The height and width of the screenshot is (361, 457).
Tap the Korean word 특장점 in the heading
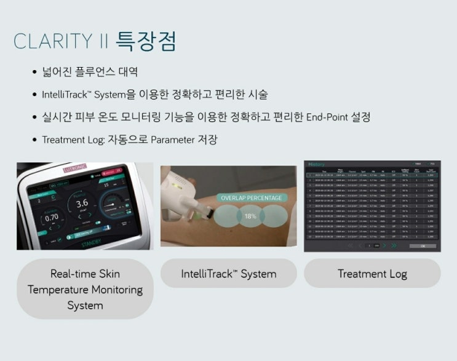coord(145,41)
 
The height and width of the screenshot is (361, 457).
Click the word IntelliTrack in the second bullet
coord(64,95)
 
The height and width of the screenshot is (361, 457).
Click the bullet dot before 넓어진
coord(36,73)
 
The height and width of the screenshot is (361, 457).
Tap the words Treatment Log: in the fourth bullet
coord(72,140)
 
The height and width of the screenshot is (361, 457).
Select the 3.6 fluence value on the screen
coord(82,204)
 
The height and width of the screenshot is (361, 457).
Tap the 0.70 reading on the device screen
coord(52,217)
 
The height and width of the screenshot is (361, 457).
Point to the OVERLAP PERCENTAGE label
coord(251,198)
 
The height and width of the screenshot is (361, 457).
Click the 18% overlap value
coord(250,216)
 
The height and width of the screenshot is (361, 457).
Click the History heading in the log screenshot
coord(316,164)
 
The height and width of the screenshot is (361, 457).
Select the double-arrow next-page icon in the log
coord(394,245)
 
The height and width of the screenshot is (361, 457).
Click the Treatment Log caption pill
coord(372,274)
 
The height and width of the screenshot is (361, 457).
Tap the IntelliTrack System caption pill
coord(228,274)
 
